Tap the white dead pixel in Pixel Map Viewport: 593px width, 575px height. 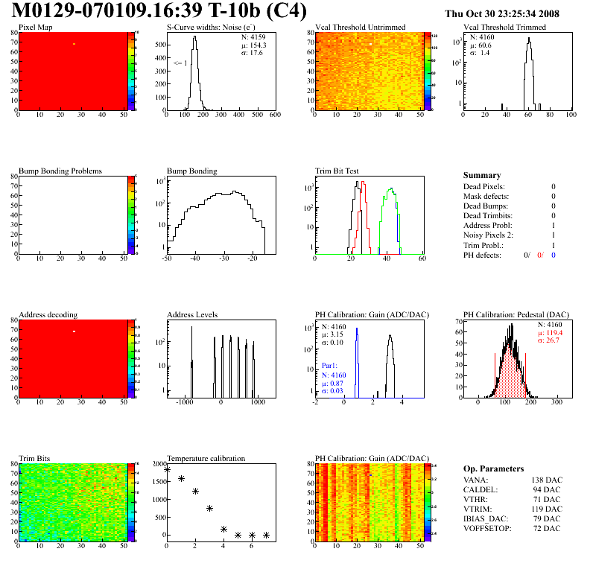click(x=74, y=44)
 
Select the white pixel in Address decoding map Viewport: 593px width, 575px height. click(x=74, y=331)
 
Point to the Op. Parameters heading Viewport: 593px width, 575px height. click(x=493, y=468)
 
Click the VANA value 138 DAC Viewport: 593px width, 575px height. click(x=545, y=480)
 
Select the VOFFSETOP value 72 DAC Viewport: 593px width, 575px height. click(x=546, y=528)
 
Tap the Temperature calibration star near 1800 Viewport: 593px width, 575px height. click(x=168, y=470)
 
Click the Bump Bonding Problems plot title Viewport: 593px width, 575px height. click(x=60, y=171)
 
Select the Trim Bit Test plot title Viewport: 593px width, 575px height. click(x=337, y=171)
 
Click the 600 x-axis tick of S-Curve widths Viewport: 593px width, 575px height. click(x=275, y=115)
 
